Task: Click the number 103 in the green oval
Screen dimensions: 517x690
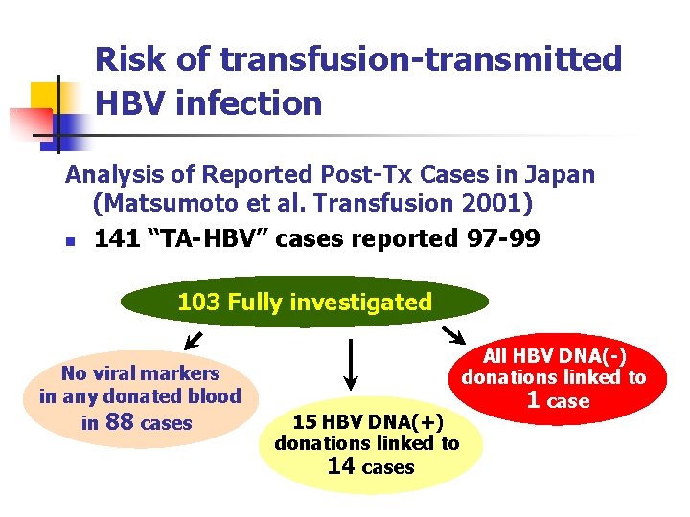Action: (197, 303)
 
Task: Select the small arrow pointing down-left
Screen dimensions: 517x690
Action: (192, 339)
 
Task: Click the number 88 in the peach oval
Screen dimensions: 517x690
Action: (119, 422)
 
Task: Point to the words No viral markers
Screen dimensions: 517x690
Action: (140, 373)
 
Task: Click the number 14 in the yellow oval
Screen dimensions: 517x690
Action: (341, 466)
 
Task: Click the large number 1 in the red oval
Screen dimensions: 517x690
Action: (534, 399)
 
